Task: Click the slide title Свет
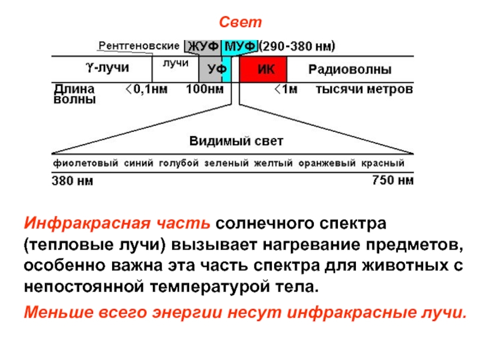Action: click(x=240, y=23)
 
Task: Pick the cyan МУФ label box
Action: click(x=240, y=46)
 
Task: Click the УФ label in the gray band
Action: click(x=212, y=70)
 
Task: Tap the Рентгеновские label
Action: click(x=139, y=46)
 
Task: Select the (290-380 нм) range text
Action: click(x=296, y=46)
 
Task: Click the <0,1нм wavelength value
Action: click(x=147, y=90)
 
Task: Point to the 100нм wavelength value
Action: click(x=204, y=90)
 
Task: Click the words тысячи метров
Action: click(x=364, y=90)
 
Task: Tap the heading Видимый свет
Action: click(x=236, y=142)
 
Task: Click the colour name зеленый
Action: click(x=226, y=163)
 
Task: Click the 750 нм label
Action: click(x=393, y=180)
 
